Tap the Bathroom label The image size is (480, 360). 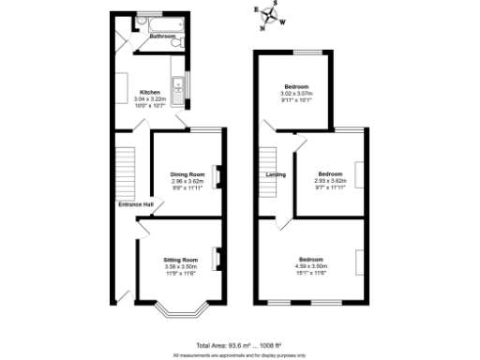coord(149,37)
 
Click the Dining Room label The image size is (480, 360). coord(187,174)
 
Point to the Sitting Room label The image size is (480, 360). coord(181,259)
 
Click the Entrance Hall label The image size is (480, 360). coord(135,204)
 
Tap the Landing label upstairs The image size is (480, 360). coord(276,174)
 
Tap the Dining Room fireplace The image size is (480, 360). coord(217,175)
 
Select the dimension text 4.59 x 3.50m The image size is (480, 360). coord(311,265)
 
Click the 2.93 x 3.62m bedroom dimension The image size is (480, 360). coord(330,181)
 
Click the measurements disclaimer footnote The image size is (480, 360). coord(239,355)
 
